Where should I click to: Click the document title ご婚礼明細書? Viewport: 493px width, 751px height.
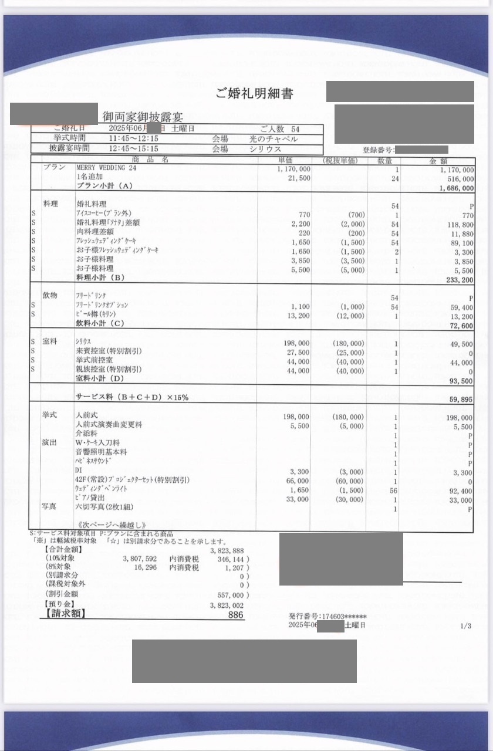pyautogui.click(x=254, y=93)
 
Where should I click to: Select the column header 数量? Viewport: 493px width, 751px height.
pyautogui.click(x=385, y=160)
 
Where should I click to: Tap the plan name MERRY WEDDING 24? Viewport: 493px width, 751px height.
pyautogui.click(x=106, y=168)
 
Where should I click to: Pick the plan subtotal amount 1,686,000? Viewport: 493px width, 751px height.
pyautogui.click(x=456, y=188)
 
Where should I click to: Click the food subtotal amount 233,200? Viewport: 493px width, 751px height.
pyautogui.click(x=459, y=280)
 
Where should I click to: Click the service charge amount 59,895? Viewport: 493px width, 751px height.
pyautogui.click(x=461, y=400)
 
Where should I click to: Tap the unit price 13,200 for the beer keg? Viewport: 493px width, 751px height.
pyautogui.click(x=298, y=316)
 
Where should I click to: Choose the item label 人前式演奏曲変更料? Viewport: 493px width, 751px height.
pyautogui.click(x=109, y=425)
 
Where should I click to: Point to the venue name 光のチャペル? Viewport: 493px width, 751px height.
pyautogui.click(x=273, y=139)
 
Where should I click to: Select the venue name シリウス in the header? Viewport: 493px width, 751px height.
pyautogui.click(x=265, y=149)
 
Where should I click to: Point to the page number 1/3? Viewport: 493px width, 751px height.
pyautogui.click(x=466, y=626)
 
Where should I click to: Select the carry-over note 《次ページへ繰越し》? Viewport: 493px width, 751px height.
pyautogui.click(x=111, y=524)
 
